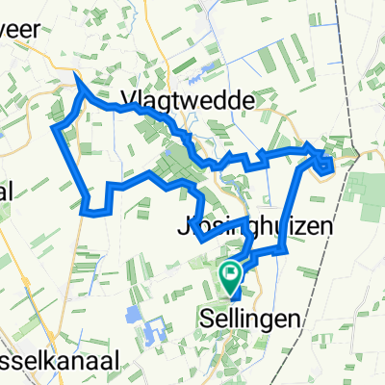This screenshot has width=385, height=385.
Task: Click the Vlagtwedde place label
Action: [x=188, y=100]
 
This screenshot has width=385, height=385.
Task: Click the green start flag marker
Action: [x=231, y=279]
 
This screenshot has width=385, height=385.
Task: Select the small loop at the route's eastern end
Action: [x=325, y=166]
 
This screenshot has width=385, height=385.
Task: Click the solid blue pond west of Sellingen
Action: [x=132, y=313]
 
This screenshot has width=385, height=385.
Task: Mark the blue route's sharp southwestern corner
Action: [x=88, y=209]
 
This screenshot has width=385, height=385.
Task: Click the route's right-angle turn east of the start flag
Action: [x=287, y=252]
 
